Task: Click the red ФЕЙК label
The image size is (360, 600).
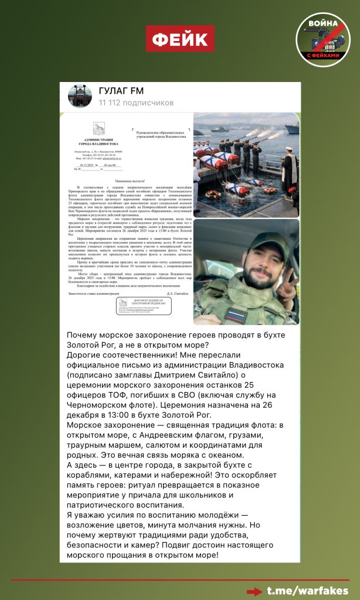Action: pyautogui.click(x=180, y=39)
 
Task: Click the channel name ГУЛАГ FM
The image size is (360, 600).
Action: pyautogui.click(x=121, y=91)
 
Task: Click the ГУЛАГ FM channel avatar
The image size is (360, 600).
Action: pyautogui.click(x=80, y=96)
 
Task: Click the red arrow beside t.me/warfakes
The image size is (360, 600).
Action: pyautogui.click(x=254, y=591)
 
